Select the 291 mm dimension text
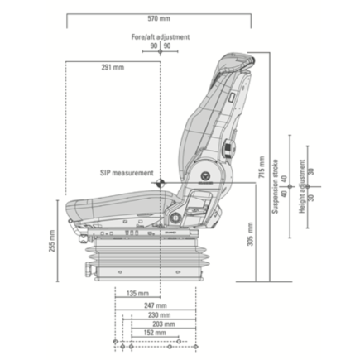pyautogui.click(x=113, y=67)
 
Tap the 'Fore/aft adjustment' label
pyautogui.click(x=160, y=36)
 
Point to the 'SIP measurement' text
pyautogui.click(x=126, y=173)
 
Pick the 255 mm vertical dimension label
pyautogui.click(x=51, y=243)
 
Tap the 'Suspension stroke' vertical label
pyautogui.click(x=275, y=187)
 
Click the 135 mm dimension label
pyautogui.click(x=137, y=293)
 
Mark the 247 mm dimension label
pyautogui.click(x=155, y=305)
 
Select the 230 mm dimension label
pyautogui.click(x=153, y=314)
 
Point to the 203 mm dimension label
pyautogui.click(x=151, y=324)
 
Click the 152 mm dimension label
pyautogui.click(x=144, y=334)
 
